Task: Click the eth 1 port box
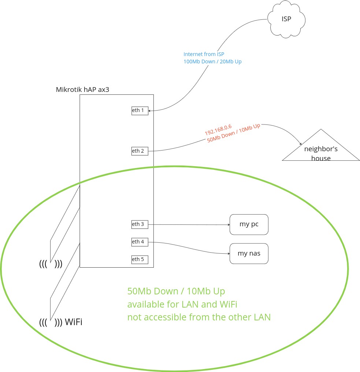tap(140, 111)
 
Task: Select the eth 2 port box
tap(140, 151)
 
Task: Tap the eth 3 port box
tap(140, 224)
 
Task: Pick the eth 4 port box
tap(140, 242)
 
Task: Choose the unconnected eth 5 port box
tap(140, 260)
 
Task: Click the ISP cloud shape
tap(286, 19)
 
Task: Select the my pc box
tap(249, 224)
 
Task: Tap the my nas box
tap(249, 253)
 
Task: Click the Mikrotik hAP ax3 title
tap(82, 89)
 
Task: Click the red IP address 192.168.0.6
tap(218, 129)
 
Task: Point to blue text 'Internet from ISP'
tap(204, 54)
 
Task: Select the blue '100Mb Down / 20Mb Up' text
tap(212, 62)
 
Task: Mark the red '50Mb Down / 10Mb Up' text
tap(234, 133)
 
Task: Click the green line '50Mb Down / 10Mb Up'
tap(176, 291)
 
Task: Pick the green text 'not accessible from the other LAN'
tap(199, 317)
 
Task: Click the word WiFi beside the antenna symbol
tap(73, 322)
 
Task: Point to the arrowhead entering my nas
tap(228, 253)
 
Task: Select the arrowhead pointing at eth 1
tap(151, 110)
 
